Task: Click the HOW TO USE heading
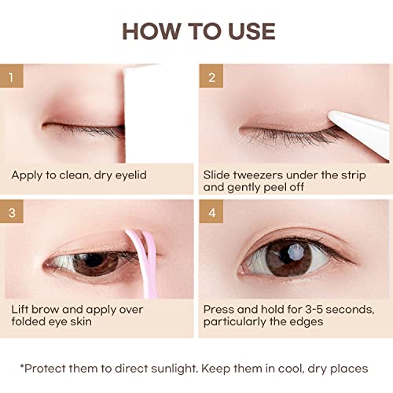[x=196, y=31]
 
